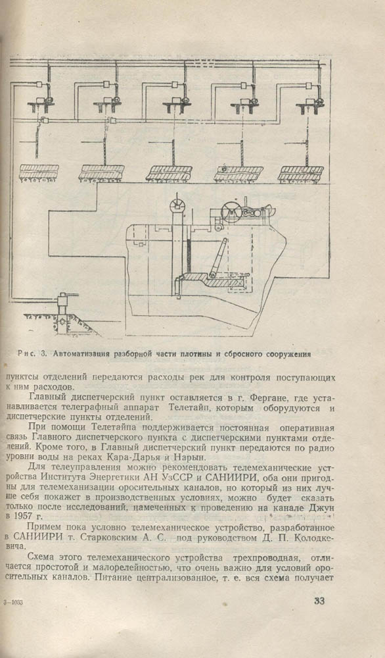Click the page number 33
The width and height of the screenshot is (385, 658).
click(x=319, y=601)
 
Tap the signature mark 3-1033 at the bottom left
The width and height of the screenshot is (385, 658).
click(x=13, y=602)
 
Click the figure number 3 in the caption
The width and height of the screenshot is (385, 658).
click(x=43, y=353)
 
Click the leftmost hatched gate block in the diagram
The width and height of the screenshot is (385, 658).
click(x=39, y=172)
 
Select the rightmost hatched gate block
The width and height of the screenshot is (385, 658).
click(x=300, y=173)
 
